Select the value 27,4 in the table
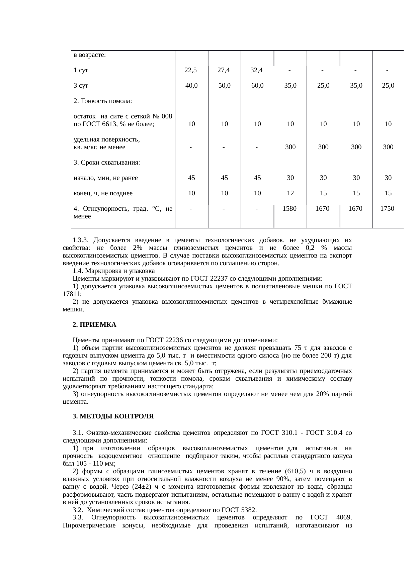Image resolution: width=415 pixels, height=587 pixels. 224,70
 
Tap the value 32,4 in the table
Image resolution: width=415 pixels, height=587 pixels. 257,70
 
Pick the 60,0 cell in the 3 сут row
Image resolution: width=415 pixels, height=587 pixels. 257,86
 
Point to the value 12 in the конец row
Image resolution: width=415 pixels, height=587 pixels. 290,193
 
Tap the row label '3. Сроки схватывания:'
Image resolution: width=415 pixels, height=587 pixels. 106,163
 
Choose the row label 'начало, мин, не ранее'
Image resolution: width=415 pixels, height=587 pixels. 105,178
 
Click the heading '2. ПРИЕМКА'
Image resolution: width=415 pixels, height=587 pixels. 94,325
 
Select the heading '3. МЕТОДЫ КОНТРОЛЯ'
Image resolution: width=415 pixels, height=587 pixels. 113,417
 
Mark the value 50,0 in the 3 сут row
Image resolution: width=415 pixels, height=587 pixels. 224,86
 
